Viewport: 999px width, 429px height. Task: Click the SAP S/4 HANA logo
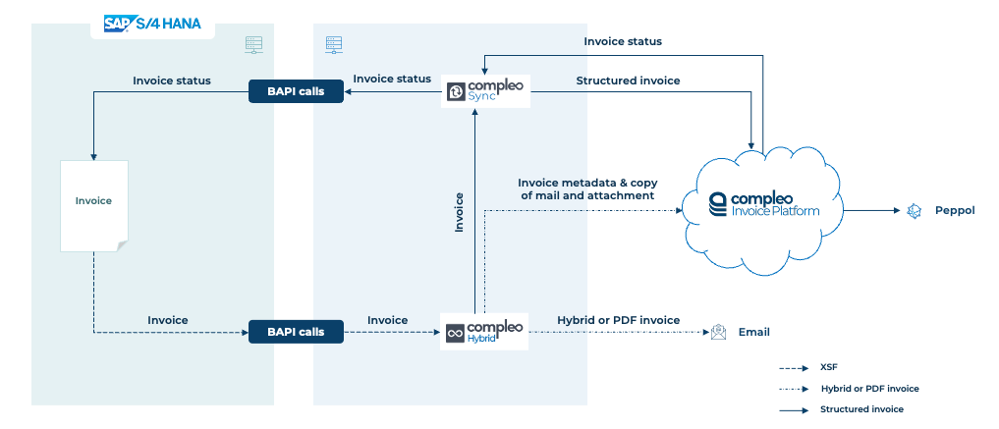pos(152,24)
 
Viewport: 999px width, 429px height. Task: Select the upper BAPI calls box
pos(296,91)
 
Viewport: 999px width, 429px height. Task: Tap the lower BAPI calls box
pos(296,332)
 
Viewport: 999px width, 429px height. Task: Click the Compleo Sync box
pos(485,91)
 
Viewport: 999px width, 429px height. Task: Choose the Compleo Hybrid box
pos(485,331)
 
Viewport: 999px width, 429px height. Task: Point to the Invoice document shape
pos(94,205)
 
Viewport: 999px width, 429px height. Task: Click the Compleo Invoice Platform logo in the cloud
pos(764,204)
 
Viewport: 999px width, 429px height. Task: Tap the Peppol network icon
pos(915,211)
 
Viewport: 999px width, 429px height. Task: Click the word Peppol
pos(955,211)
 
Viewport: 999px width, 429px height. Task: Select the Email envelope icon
pos(718,332)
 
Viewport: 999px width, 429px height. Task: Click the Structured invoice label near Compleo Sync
pos(628,80)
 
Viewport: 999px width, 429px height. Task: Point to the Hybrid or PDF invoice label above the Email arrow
pos(618,320)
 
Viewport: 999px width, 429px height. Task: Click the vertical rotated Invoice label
pos(459,212)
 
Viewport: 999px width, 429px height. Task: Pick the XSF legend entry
pos(803,368)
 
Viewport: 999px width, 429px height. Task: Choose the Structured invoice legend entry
pos(841,409)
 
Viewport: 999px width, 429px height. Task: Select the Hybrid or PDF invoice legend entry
pos(849,389)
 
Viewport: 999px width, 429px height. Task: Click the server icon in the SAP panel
pos(253,44)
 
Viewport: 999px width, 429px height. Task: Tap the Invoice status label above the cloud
pos(623,41)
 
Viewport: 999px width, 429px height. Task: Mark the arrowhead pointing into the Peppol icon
pos(897,211)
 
